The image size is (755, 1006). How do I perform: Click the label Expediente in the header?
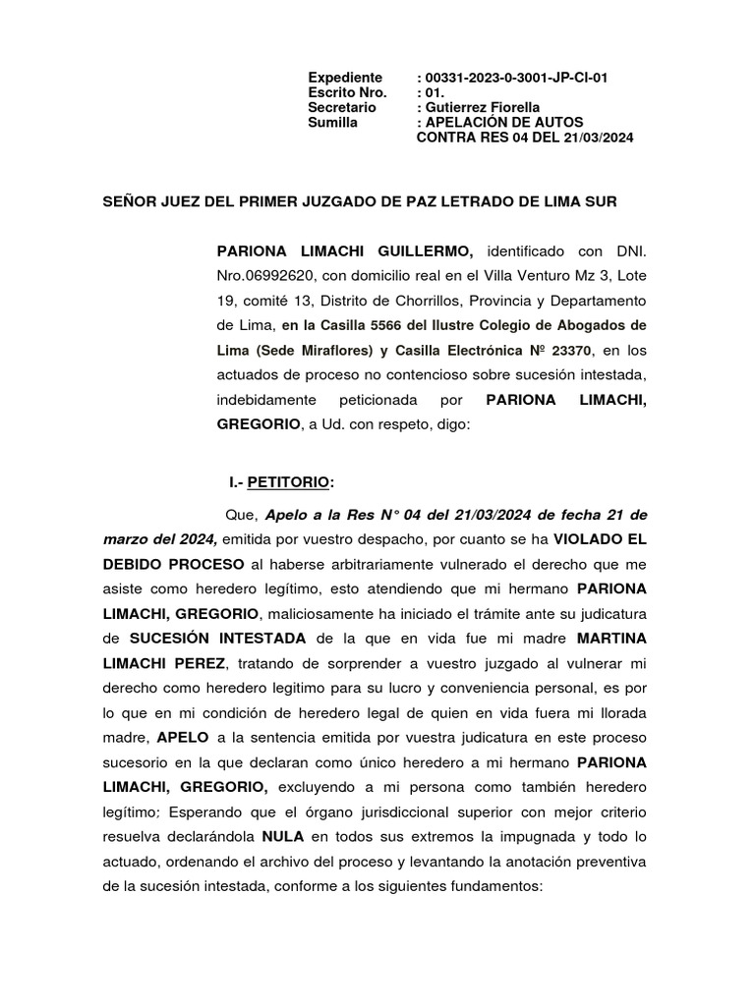344,78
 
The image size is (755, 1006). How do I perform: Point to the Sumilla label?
332,122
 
